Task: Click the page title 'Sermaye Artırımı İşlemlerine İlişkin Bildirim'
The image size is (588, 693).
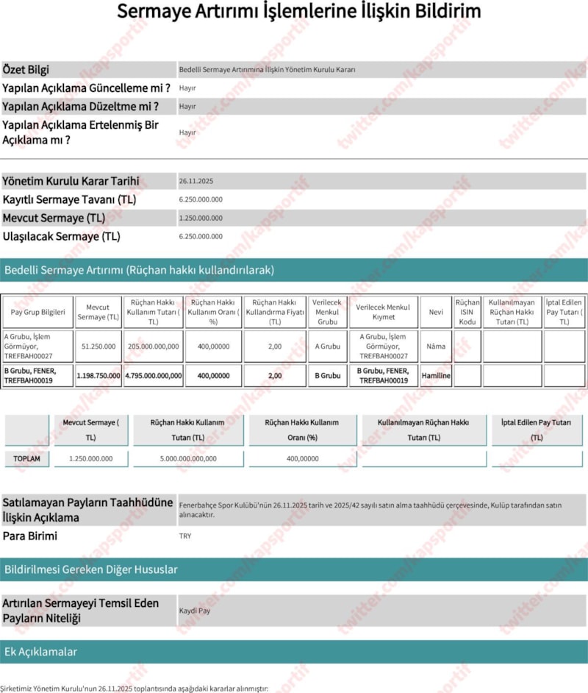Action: [x=299, y=12]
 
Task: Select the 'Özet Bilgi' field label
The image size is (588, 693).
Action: [x=26, y=70]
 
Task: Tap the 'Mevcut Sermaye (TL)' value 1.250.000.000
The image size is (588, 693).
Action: [x=201, y=218]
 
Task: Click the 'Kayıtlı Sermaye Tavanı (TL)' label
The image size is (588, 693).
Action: [x=69, y=199]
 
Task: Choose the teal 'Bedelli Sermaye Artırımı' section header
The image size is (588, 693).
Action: [x=140, y=270]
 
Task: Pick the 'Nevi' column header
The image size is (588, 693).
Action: [x=436, y=312]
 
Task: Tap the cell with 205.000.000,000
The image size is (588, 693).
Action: [x=153, y=346]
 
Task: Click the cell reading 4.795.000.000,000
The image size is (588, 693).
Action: [x=153, y=375]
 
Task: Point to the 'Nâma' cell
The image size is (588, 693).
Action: [x=436, y=346]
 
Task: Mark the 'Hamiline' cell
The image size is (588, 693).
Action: [x=436, y=375]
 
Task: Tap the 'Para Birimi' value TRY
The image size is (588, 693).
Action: [x=185, y=536]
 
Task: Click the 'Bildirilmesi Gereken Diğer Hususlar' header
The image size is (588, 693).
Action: [x=91, y=569]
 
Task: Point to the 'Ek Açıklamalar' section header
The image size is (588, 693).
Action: [x=41, y=652]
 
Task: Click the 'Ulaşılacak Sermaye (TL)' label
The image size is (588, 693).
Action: [x=61, y=237]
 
